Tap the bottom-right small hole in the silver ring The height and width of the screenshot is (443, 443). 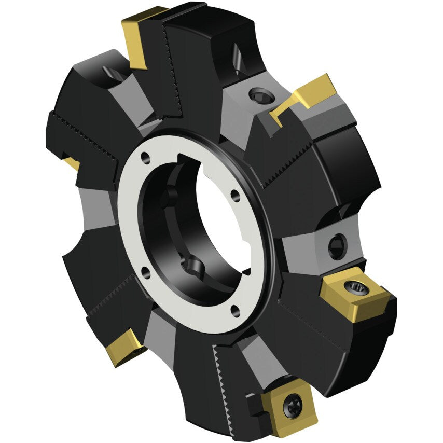click(236, 310)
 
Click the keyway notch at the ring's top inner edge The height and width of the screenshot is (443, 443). click(185, 158)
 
